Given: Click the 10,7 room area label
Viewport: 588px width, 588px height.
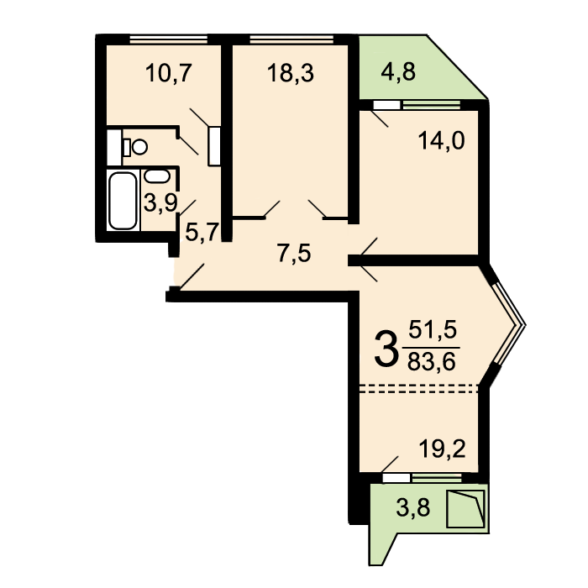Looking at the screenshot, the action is click(168, 73).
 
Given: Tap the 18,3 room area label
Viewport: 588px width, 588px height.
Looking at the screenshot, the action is click(291, 73).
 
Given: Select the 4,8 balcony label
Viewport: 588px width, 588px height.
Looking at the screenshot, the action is click(398, 72).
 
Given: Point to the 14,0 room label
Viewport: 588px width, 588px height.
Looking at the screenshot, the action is click(441, 141).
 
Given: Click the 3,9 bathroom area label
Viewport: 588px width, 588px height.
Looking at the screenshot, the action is click(160, 204).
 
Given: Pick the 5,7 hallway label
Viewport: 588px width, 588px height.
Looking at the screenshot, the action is click(202, 233).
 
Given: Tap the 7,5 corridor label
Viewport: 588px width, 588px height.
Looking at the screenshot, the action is click(294, 253).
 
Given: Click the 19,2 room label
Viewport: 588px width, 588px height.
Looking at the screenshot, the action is click(442, 449).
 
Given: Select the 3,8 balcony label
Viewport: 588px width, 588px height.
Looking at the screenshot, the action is click(413, 508).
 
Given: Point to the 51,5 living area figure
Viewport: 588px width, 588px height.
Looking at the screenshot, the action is click(433, 330).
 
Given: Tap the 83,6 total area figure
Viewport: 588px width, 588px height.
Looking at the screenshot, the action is click(431, 362).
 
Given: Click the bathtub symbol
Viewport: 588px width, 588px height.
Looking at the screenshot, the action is click(123, 200).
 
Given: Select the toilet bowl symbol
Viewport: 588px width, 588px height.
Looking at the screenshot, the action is click(136, 147).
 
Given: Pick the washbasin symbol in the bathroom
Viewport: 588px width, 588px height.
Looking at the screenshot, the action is click(157, 176).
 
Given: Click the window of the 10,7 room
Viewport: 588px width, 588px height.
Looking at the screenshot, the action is click(168, 39).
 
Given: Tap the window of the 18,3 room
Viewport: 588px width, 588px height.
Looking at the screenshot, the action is click(291, 39).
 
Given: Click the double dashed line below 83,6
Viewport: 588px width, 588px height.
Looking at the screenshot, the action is click(419, 388).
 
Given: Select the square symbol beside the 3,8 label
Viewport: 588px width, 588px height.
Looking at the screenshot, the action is click(466, 509).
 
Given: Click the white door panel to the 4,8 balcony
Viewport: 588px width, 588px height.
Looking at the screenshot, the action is click(386, 105).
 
